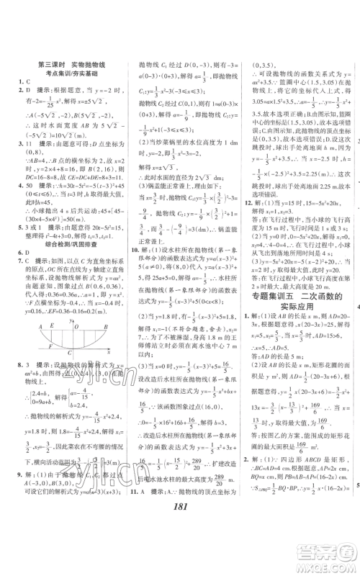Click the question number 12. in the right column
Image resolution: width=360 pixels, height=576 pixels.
click(246, 204)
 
